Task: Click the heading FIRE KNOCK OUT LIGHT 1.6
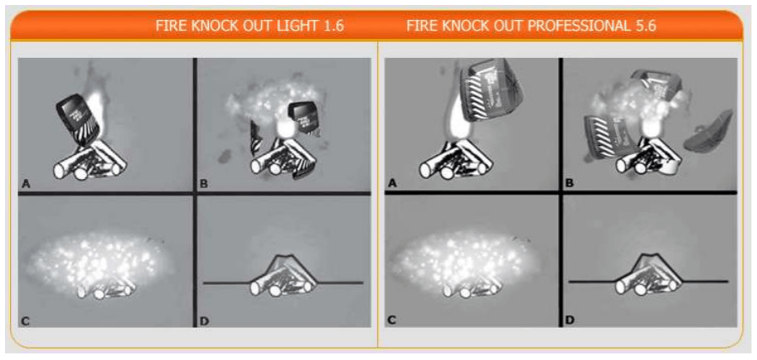249,26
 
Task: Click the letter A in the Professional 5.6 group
391,184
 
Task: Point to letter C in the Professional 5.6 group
391,319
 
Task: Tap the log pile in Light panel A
89,162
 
